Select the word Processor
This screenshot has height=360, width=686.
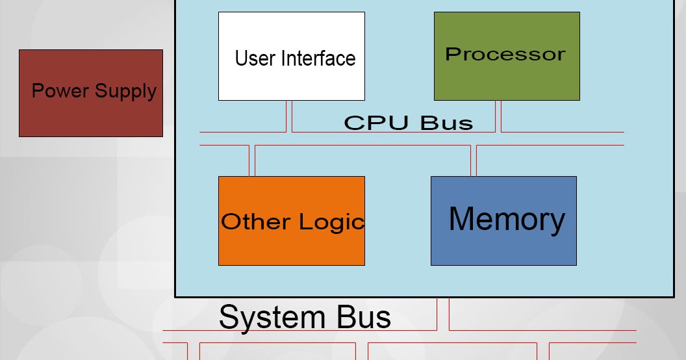[x=505, y=54]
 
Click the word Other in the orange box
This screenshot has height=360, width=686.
[x=255, y=222]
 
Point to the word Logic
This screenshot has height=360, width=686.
[x=331, y=222]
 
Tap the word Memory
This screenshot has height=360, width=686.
[x=507, y=219]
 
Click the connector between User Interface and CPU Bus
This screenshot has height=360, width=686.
[x=289, y=116]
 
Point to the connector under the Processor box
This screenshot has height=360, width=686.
[x=498, y=116]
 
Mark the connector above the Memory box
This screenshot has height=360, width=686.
[x=474, y=161]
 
